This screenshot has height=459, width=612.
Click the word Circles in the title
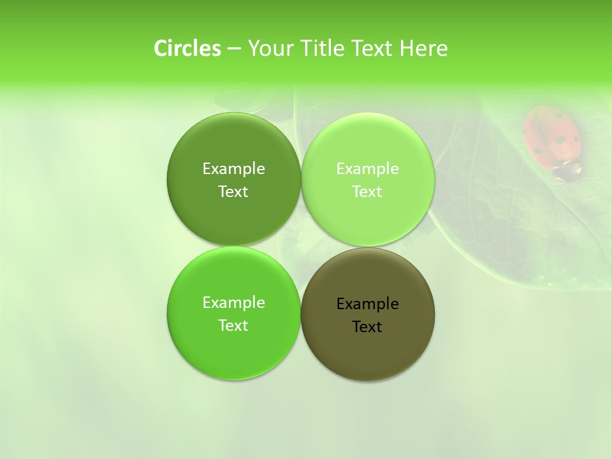click(187, 48)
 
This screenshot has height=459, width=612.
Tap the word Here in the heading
click(423, 48)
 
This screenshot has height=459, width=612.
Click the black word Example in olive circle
click(367, 304)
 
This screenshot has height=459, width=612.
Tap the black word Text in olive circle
click(367, 327)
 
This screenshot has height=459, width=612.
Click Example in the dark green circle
click(233, 169)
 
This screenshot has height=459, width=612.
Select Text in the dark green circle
click(233, 192)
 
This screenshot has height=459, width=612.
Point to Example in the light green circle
click(367, 169)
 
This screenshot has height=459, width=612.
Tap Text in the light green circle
click(367, 192)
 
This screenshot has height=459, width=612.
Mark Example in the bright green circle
click(233, 303)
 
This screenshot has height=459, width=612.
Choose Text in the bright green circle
click(233, 326)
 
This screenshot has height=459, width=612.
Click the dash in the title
click(233, 49)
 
